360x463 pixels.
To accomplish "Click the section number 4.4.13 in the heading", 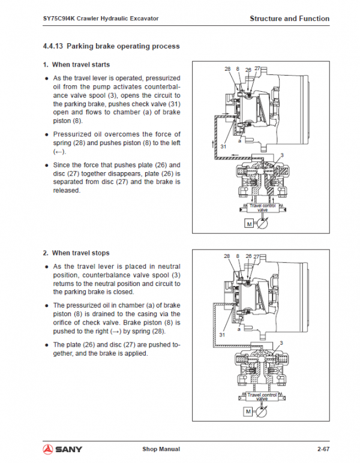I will [53, 46].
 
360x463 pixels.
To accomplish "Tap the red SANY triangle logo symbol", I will [49, 448].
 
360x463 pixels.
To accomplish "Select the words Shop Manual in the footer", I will [161, 449].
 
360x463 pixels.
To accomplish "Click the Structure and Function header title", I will [289, 19].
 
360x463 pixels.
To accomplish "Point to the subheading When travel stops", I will [80, 253].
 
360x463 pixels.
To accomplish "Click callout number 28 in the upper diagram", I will [227, 70].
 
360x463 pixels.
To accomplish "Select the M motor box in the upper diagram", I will [248, 224].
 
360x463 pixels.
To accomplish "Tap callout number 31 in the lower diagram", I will [223, 334].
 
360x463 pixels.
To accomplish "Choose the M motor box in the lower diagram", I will [248, 411].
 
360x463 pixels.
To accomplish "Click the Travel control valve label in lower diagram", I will [262, 396].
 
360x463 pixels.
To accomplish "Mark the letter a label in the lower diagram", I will [239, 329].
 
